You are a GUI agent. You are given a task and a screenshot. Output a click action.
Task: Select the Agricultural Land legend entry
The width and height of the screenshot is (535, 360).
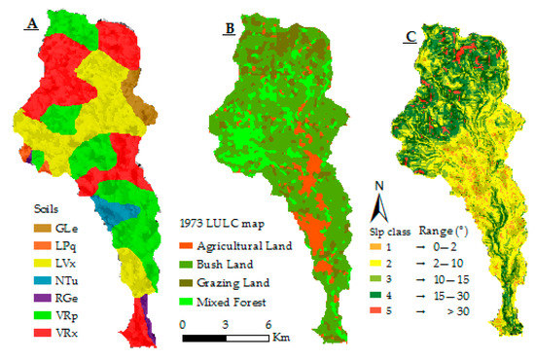tap(240, 243)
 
